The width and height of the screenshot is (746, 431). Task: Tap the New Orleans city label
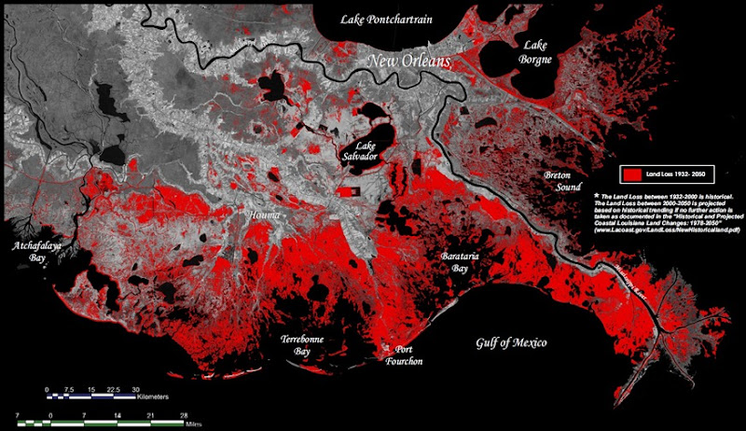(x=409, y=62)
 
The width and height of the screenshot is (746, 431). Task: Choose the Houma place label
(x=265, y=216)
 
